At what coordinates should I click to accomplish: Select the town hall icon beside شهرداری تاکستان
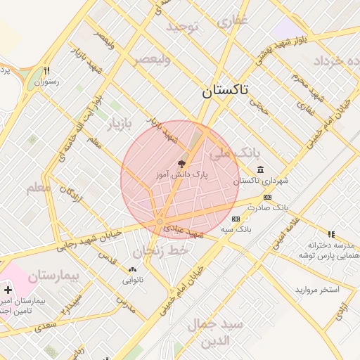coord(261,169)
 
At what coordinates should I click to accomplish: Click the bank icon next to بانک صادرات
coord(266,198)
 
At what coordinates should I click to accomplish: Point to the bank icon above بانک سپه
coord(235,219)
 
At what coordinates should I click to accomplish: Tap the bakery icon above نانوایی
coord(132,270)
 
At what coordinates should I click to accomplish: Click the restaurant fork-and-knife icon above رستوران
coord(47,71)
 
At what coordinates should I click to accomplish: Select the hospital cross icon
coord(8,290)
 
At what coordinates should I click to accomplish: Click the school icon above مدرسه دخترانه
coord(330,234)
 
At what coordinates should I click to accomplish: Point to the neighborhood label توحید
coord(184,27)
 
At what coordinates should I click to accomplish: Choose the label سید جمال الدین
coord(215,332)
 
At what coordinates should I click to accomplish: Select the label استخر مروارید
coord(317,290)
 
